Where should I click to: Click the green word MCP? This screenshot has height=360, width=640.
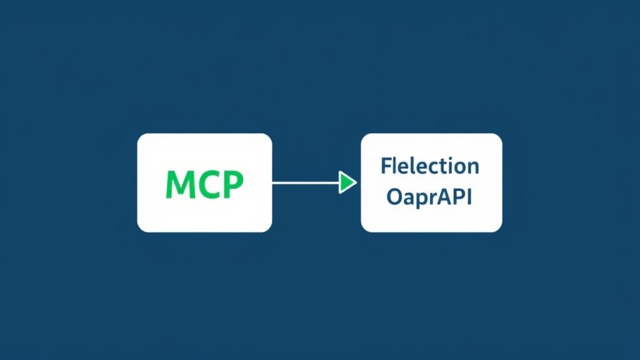pos(204,184)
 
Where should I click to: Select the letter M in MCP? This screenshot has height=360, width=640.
pos(179,184)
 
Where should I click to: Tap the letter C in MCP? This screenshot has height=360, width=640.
pos(207,184)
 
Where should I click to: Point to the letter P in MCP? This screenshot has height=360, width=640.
pos(231,184)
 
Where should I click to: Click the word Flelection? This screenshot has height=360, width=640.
pos(430,166)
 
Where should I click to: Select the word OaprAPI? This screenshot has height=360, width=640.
pos(430,197)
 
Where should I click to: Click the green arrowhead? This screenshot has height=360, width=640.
pos(347,182)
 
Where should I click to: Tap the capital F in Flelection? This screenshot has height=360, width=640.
pos(386,166)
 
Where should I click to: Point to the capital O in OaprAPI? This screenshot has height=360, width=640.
pos(394,197)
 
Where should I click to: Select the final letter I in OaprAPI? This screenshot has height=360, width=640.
pos(469,197)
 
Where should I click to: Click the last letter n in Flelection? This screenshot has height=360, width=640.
pos(473,167)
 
